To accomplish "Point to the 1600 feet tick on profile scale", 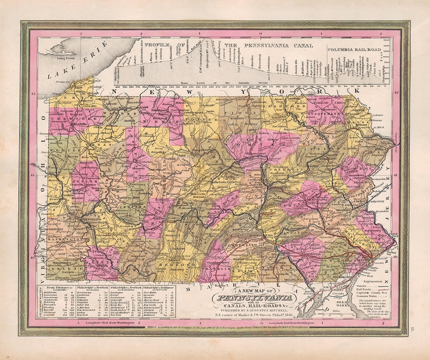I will point(387,40).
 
